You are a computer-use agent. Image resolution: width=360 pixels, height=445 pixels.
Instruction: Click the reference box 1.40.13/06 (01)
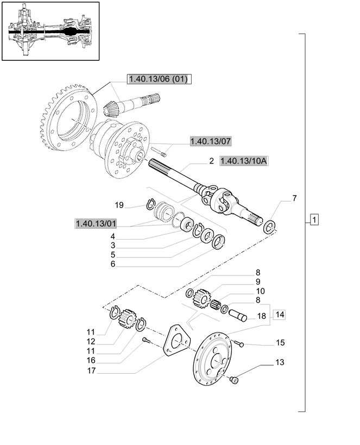pos(159,79)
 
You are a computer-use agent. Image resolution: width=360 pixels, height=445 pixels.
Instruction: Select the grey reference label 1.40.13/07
pos(211,141)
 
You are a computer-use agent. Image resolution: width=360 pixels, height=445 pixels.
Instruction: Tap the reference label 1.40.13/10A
pos(244,161)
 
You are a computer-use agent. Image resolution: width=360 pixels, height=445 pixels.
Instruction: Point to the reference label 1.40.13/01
pos(96,223)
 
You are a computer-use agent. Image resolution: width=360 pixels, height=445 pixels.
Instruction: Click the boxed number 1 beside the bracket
pos(314,220)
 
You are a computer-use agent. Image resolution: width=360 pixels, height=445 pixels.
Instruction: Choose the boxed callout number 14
pos(280,315)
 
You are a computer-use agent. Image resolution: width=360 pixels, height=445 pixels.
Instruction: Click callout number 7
pos(294,198)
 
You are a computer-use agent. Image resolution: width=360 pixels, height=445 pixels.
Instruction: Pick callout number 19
pos(119,205)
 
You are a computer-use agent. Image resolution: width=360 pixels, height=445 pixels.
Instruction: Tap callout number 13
pos(280,362)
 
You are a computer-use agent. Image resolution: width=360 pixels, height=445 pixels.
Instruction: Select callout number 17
pos(91,371)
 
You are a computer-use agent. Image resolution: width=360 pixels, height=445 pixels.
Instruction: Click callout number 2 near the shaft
pos(211,161)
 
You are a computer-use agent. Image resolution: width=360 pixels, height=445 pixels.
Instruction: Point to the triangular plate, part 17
pos(177,340)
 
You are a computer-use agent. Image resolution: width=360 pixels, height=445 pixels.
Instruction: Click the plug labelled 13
pos(235,379)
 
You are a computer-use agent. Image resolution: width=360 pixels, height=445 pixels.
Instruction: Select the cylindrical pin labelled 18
pos(238,315)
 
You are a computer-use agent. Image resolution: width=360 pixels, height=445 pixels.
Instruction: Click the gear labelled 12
pos(129,319)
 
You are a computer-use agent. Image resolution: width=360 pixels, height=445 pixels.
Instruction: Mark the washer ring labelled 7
pos(270,227)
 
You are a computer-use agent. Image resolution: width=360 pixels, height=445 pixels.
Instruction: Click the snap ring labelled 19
pos(150,204)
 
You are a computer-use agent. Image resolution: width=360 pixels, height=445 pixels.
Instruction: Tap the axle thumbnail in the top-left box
pos(50,31)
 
